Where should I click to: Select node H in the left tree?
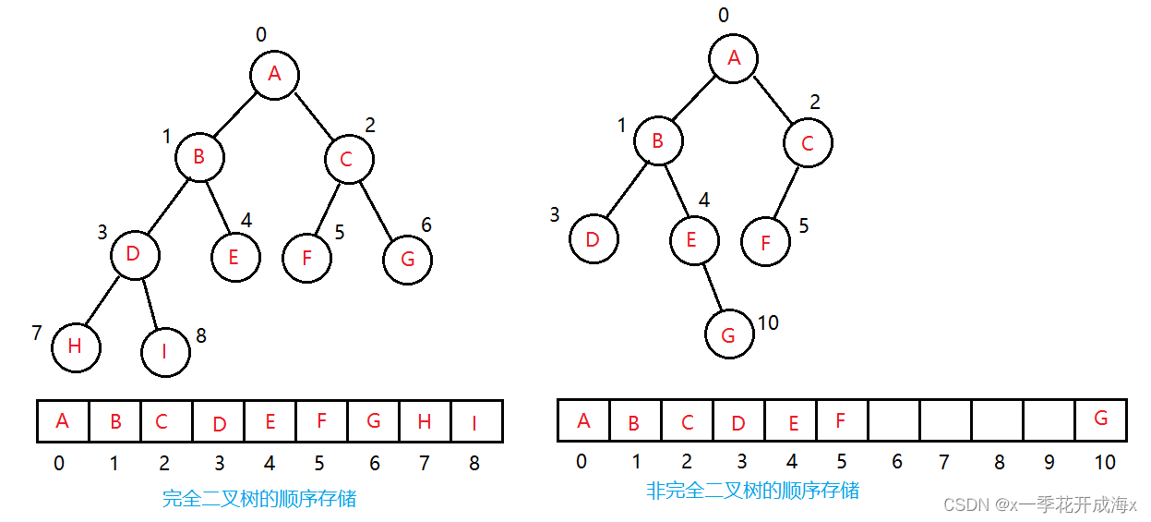click(76, 346)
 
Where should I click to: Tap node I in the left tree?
click(166, 351)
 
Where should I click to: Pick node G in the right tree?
click(728, 334)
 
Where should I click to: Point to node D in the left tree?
click(134, 254)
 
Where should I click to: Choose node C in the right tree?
click(808, 143)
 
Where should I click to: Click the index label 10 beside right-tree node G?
click(768, 322)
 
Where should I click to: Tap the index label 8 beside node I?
click(201, 335)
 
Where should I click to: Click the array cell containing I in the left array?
click(476, 421)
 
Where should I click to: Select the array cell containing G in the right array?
click(1100, 419)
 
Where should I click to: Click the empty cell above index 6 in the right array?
click(893, 420)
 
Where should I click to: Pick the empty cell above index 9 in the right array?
click(1049, 420)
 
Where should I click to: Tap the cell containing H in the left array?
click(425, 421)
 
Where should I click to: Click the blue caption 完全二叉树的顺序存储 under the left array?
click(259, 499)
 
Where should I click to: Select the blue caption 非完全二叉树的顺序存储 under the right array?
click(752, 491)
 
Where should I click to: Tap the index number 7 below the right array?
click(944, 461)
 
